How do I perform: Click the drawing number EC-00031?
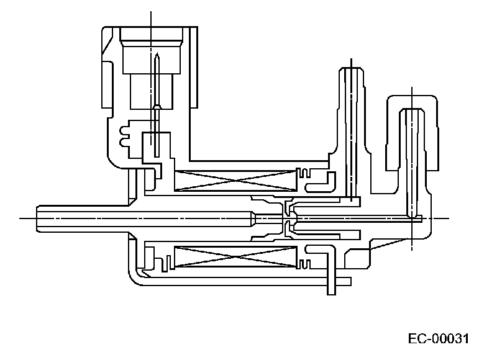point(438,339)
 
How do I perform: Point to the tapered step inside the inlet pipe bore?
point(254,218)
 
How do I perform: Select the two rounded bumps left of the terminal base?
point(122,135)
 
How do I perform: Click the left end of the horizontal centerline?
point(21,218)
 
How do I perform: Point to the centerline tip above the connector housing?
point(151,12)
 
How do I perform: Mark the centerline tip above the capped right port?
point(412,87)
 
